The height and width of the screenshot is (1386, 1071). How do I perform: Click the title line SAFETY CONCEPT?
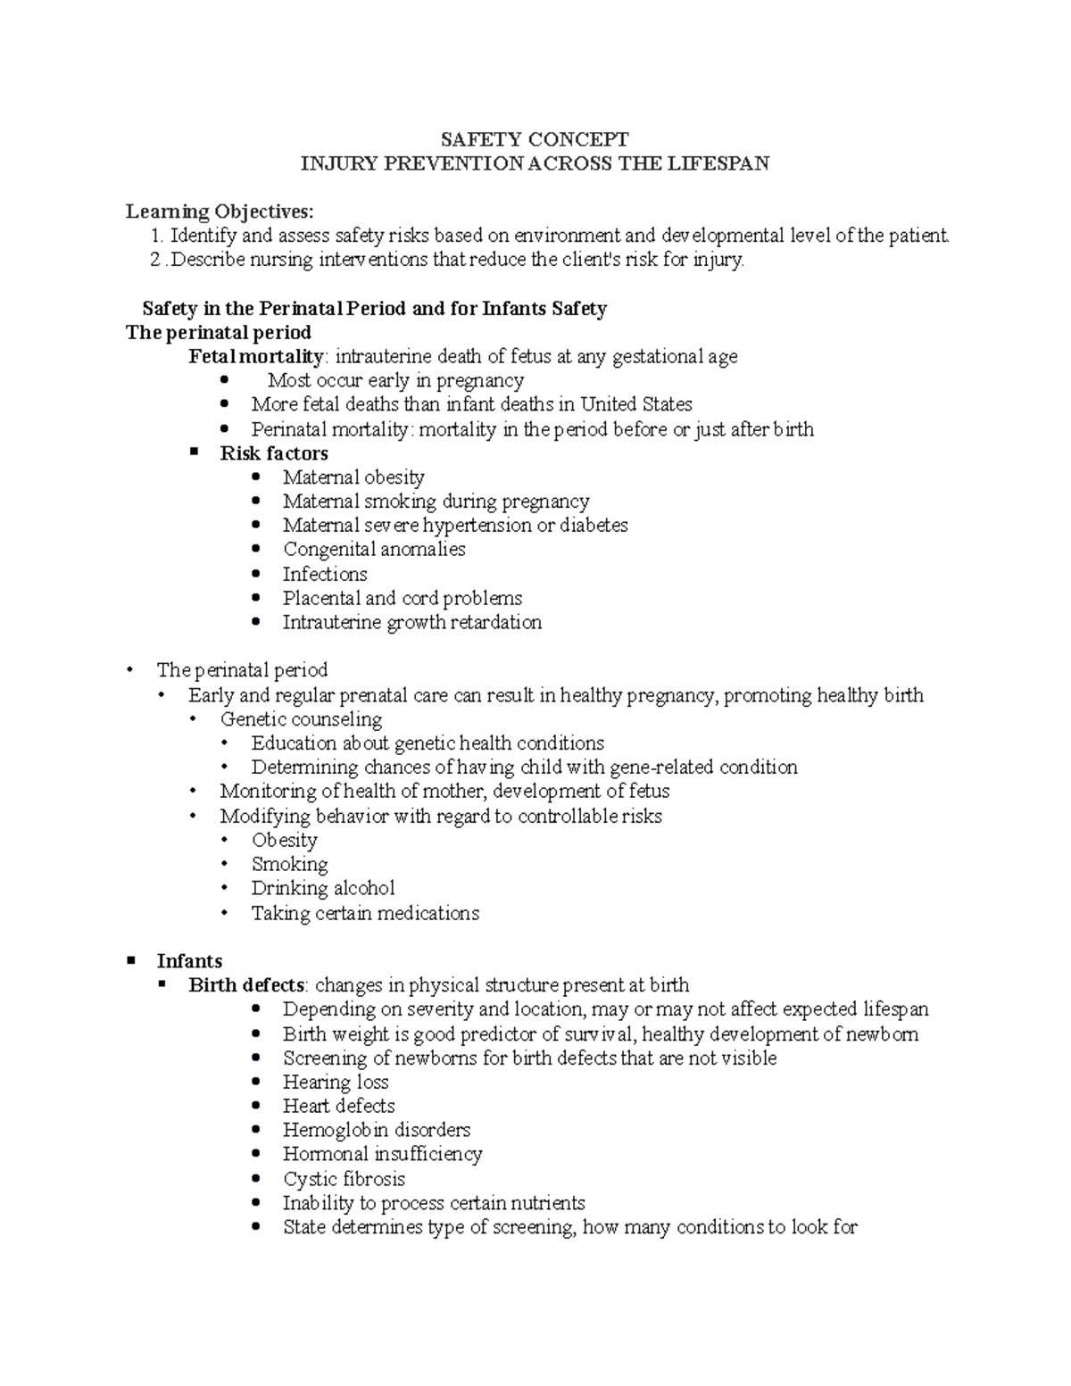(535, 139)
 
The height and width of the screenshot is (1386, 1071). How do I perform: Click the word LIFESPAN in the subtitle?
(724, 163)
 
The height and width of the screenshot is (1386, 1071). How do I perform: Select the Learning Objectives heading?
(220, 212)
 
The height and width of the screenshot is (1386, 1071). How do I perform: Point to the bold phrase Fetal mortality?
(256, 357)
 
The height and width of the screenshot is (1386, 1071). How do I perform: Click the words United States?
(636, 405)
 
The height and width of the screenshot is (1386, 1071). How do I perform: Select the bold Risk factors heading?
(274, 453)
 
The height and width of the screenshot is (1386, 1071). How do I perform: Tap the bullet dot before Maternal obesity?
(257, 477)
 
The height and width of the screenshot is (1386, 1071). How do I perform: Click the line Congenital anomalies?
(374, 550)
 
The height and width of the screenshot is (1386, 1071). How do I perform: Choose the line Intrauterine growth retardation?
(411, 623)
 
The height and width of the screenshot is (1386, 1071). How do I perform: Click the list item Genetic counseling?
(301, 719)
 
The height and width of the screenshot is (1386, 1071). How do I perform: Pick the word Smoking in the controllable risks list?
(289, 864)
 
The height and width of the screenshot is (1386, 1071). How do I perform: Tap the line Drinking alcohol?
(322, 889)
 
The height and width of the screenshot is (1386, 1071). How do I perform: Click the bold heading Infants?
(189, 961)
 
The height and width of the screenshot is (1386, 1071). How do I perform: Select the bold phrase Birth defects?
(247, 985)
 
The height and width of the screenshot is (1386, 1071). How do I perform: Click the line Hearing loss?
(336, 1083)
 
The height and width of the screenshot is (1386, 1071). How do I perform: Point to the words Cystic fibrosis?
(344, 1179)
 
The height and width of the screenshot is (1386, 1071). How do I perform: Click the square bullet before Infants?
(132, 960)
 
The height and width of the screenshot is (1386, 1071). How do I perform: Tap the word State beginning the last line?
(304, 1227)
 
